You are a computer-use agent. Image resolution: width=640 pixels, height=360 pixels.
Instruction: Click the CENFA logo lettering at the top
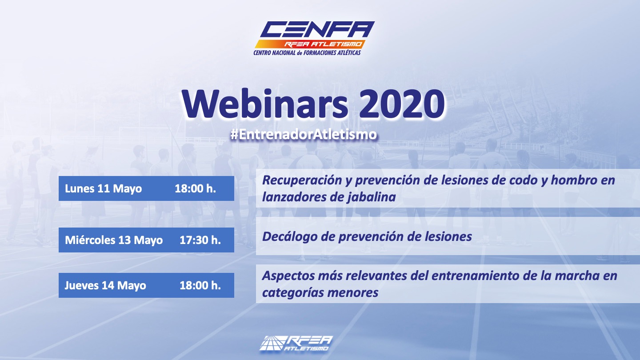coord(317,29)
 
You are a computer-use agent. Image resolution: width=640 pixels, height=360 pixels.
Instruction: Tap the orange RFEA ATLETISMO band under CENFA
coord(310,44)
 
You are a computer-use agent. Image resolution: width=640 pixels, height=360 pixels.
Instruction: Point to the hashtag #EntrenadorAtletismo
coord(304,135)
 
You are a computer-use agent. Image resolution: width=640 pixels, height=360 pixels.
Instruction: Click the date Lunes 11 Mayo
coord(103,188)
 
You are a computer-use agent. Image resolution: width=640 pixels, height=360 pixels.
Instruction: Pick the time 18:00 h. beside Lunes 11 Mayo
coord(196,188)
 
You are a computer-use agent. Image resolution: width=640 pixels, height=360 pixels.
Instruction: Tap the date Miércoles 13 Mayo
coord(114,240)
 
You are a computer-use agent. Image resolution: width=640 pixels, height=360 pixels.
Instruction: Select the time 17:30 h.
coord(200,240)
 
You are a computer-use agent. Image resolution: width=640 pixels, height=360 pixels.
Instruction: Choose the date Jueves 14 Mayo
coord(105,285)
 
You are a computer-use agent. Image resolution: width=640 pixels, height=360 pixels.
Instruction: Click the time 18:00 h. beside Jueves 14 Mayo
coord(200,285)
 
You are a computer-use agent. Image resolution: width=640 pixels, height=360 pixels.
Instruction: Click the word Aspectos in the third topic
coord(288,276)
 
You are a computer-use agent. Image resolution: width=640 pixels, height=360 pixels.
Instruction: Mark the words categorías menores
coord(320,292)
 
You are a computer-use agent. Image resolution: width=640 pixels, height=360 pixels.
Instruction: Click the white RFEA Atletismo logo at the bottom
coord(296,343)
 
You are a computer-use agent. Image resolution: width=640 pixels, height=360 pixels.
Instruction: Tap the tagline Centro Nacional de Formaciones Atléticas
coord(307,53)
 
